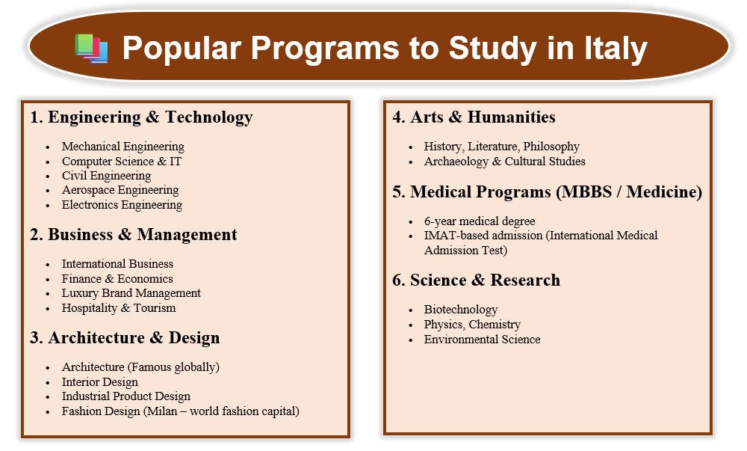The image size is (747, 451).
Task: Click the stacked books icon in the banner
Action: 91,49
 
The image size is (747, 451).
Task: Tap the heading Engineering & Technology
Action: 150,117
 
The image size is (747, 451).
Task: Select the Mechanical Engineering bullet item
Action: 123,147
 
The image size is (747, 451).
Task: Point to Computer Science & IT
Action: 122,161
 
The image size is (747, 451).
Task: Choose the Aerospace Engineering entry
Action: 120,190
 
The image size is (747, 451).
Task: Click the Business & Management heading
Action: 142,235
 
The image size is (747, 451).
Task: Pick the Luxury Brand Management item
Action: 131,292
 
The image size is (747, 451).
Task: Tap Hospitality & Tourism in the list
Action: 119,308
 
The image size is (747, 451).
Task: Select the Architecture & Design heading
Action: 134,337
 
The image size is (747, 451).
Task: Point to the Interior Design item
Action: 100,382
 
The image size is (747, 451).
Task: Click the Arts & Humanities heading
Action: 483,117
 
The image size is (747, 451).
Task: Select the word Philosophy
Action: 551,147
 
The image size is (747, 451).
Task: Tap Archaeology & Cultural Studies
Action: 504,161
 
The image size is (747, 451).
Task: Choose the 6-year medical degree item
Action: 480,221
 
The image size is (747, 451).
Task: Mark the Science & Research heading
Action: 485,280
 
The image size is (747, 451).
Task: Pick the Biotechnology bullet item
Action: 461,310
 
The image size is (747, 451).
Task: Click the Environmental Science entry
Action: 482,339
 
